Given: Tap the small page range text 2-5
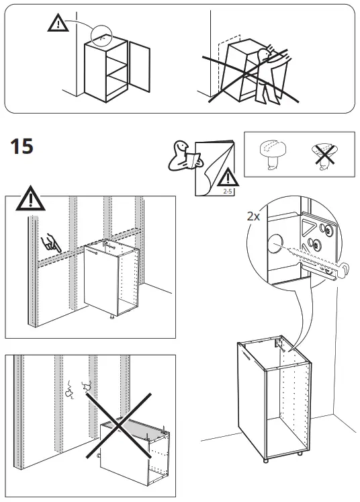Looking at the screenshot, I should [228, 191].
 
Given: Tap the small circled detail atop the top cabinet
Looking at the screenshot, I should [101, 35].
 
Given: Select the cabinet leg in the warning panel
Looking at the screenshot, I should [111, 318].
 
